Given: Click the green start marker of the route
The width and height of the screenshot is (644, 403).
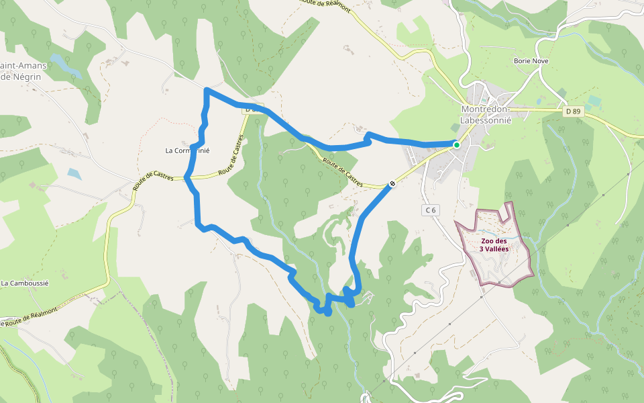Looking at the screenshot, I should [456, 144].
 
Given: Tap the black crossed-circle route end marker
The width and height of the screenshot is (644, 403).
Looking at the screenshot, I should [392, 183].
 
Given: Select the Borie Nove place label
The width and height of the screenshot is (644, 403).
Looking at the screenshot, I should [531, 60].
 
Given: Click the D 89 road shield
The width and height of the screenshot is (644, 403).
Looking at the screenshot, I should [572, 112].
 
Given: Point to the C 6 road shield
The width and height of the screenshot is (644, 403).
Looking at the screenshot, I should [431, 210].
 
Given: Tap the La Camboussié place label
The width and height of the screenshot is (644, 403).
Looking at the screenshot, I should [25, 283].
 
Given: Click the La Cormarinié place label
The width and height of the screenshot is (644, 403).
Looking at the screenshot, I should [187, 150].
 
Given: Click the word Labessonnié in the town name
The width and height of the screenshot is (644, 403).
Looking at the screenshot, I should [486, 120].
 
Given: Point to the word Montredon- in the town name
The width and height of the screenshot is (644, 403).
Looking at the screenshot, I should [486, 109].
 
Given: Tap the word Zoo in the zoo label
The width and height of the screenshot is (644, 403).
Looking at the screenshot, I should [488, 240].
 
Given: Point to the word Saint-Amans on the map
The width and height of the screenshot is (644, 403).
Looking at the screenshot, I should [20, 65].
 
